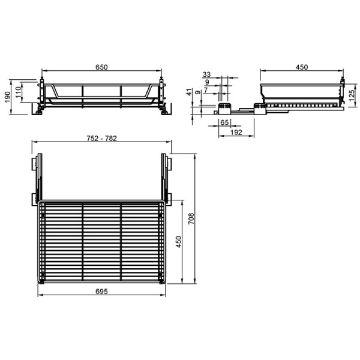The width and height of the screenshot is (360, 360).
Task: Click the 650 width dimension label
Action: click(101, 67)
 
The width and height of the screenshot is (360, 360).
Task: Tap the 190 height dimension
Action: click(8, 97)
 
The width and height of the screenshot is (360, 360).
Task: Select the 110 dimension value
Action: click(19, 92)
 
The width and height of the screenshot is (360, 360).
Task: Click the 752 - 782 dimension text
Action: click(102, 139)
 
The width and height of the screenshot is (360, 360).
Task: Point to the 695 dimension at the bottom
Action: click(101, 292)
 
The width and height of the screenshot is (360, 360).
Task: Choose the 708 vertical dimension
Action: click(191, 219)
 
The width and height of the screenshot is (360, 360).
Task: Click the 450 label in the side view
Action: click(302, 67)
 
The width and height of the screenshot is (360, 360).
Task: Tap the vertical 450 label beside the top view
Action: click(178, 242)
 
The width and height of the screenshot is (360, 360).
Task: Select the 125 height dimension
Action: click(352, 95)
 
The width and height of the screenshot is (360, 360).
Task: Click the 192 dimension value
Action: click(236, 133)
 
